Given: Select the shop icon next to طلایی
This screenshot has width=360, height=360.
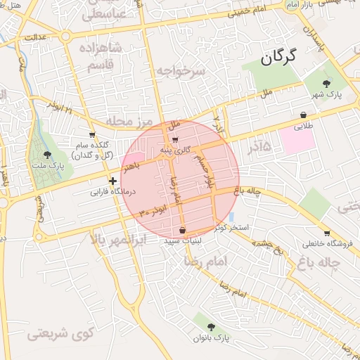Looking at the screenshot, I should [x=303, y=115].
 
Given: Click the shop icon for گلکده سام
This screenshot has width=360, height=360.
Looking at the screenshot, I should [x=92, y=134].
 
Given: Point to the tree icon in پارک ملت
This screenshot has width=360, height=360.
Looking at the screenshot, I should [x=48, y=154].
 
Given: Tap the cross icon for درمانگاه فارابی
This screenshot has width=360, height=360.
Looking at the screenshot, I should [x=112, y=181].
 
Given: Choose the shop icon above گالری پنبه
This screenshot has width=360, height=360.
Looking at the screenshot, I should [x=174, y=139].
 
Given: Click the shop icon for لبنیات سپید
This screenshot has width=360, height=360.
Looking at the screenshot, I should [x=183, y=230].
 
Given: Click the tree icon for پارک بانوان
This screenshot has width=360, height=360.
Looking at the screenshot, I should [x=212, y=326].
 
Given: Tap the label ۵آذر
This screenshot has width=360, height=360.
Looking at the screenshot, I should [x=257, y=146].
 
